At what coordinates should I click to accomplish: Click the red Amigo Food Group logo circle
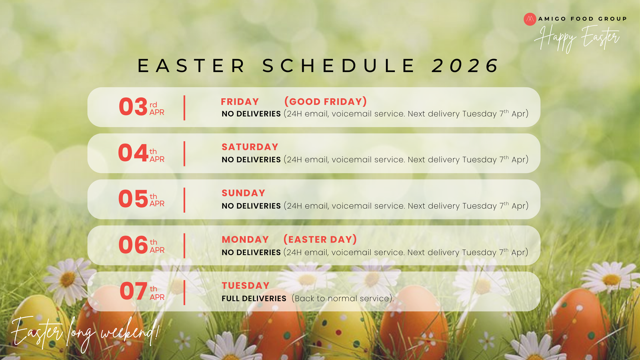pyautogui.click(x=530, y=19)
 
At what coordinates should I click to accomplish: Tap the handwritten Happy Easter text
pyautogui.click(x=577, y=38)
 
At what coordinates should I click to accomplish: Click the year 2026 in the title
pyautogui.click(x=465, y=66)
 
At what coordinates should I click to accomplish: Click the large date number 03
pyautogui.click(x=133, y=106)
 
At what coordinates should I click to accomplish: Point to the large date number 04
pyautogui.click(x=133, y=152)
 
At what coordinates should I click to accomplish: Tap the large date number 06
pyautogui.click(x=133, y=245)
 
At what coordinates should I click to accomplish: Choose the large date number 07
pyautogui.click(x=134, y=291)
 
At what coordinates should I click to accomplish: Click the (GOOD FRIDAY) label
pyautogui.click(x=326, y=102)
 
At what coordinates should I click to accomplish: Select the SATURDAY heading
pyautogui.click(x=250, y=147)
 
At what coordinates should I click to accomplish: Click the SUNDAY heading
pyautogui.click(x=244, y=193)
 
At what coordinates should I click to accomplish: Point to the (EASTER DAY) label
pyautogui.click(x=320, y=239)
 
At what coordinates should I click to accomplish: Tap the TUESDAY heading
pyautogui.click(x=246, y=286)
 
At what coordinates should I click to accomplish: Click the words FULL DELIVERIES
pyautogui.click(x=254, y=298)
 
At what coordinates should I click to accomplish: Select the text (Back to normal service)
pyautogui.click(x=343, y=298)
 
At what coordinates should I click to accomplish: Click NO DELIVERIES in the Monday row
pyautogui.click(x=251, y=252)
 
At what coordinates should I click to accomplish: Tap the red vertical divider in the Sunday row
pyautogui.click(x=184, y=200)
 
